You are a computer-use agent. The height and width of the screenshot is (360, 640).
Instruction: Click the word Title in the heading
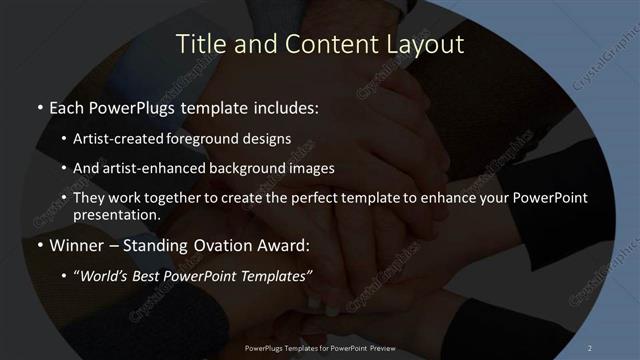[200, 44]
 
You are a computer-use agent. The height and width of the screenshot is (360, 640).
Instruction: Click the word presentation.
[116, 214]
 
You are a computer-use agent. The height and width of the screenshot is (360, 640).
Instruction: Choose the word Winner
[71, 243]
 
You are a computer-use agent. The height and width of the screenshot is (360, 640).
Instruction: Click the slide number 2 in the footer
[589, 347]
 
